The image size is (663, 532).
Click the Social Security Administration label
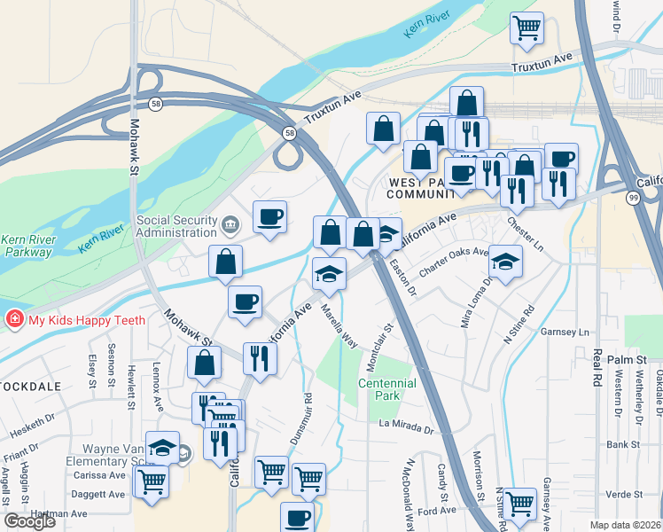tap(177, 226)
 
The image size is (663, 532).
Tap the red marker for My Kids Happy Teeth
tap(14, 318)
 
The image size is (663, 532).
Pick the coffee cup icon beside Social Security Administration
tap(269, 216)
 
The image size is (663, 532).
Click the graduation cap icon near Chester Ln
tap(505, 262)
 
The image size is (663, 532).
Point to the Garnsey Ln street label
tap(570, 332)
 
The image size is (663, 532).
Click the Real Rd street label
tap(593, 363)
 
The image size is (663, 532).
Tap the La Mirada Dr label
tap(406, 429)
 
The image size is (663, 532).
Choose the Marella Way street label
tap(339, 328)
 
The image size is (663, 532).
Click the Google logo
tap(29, 521)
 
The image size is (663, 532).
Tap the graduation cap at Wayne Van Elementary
tap(163, 448)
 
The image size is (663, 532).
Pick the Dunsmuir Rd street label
tap(300, 419)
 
